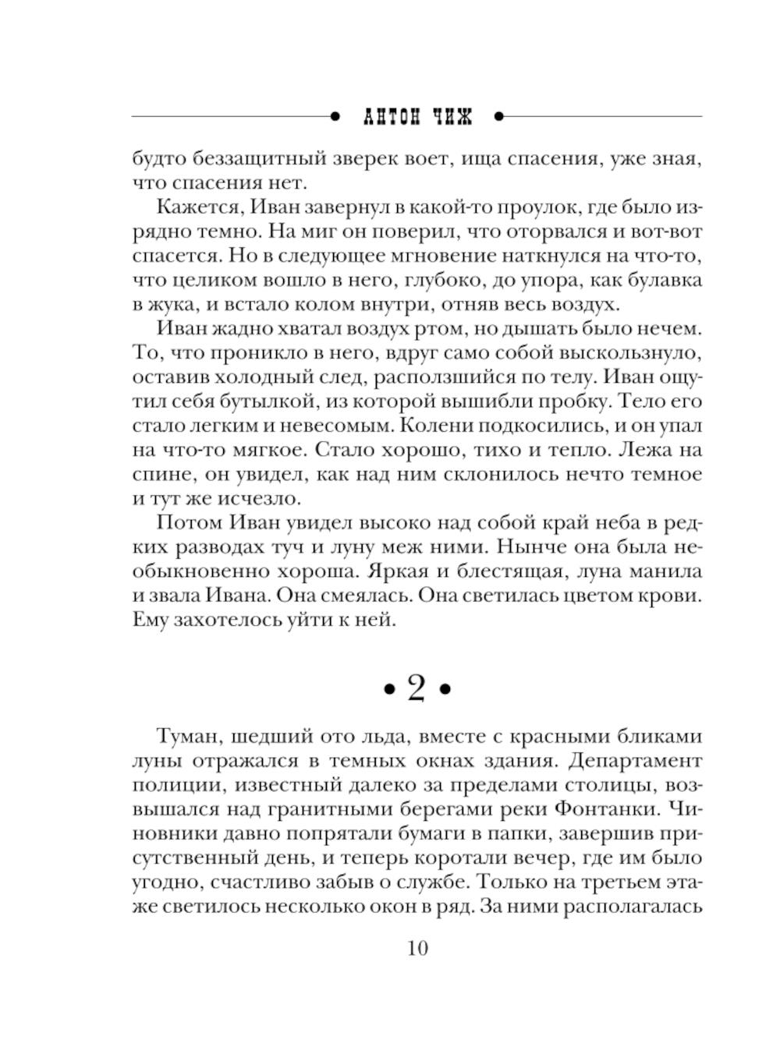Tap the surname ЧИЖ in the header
(452, 117)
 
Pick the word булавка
(661, 279)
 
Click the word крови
(674, 596)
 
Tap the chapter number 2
(417, 688)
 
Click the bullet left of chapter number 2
(386, 690)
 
